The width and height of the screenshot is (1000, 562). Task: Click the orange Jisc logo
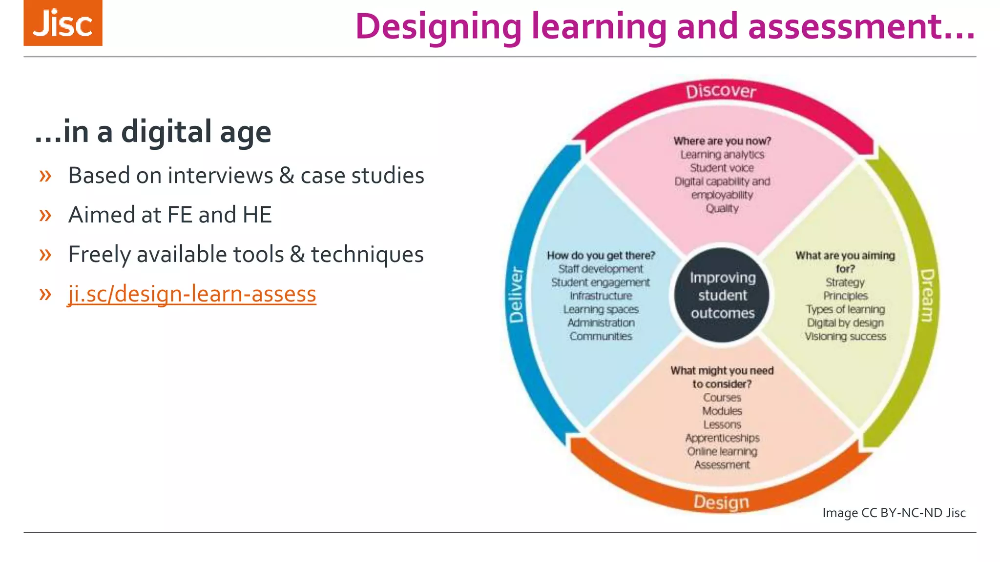63,23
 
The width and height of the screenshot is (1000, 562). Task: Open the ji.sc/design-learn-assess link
192,294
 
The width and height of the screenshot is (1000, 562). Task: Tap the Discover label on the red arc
721,91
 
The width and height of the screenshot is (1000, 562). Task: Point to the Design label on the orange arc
721,502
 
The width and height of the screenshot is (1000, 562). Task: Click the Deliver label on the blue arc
517,295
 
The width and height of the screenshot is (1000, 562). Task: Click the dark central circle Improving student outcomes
722,295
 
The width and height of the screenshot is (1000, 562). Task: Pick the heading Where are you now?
722,141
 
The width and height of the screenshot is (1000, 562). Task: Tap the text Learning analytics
722,155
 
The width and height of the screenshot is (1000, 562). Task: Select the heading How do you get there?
601,255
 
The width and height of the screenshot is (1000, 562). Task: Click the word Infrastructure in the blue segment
601,296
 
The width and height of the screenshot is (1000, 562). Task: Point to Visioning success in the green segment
845,337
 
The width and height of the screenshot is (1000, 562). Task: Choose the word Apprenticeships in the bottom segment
722,438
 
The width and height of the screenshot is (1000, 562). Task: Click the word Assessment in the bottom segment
722,465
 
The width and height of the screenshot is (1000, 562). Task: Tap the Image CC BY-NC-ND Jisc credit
894,513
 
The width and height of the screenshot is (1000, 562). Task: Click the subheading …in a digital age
153,132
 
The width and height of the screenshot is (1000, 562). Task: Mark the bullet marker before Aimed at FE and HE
45,215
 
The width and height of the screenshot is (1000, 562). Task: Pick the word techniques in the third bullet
367,255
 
